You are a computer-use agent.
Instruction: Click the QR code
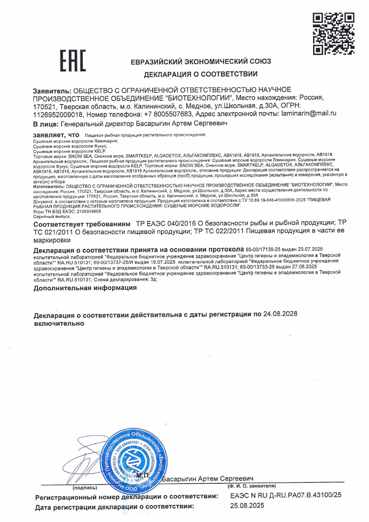click(x=333, y=33)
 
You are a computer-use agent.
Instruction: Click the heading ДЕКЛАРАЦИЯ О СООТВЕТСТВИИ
click(x=200, y=74)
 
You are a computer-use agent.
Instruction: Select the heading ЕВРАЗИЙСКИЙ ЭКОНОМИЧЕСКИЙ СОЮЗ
click(x=200, y=62)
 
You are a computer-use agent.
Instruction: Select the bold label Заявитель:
click(x=52, y=90)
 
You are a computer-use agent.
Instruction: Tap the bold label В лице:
click(x=46, y=124)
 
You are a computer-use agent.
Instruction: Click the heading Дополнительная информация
click(x=85, y=288)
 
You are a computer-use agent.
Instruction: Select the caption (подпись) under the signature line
click(x=85, y=487)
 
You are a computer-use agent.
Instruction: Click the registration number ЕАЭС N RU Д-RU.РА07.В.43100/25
click(x=286, y=495)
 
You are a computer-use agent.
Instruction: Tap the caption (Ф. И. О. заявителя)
click(x=251, y=486)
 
